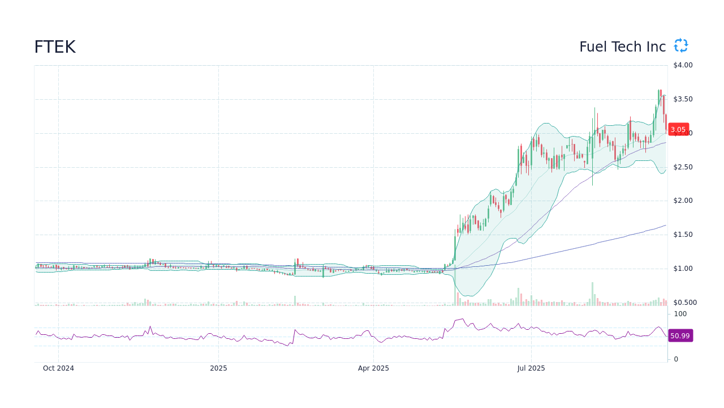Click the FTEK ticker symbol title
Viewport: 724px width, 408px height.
[x=55, y=47]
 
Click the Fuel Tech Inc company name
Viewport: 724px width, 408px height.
[x=622, y=47]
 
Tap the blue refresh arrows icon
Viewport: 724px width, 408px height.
[x=681, y=46]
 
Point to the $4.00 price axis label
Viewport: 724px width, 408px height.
[x=683, y=65]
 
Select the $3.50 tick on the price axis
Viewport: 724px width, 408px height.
[x=683, y=99]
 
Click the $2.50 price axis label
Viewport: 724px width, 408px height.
[x=683, y=167]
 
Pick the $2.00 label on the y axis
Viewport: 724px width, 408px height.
[x=683, y=201]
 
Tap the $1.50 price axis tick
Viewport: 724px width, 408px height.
[x=683, y=235]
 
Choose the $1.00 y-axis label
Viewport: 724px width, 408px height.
[x=683, y=269]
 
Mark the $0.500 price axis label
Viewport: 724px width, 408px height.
[x=684, y=303]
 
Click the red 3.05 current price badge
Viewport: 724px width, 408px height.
[x=678, y=129]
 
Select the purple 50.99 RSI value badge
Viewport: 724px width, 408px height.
[x=680, y=335]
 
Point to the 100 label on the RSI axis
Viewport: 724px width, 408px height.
[x=680, y=314]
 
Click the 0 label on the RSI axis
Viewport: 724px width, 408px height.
[x=676, y=359]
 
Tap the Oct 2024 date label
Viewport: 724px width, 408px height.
[x=58, y=368]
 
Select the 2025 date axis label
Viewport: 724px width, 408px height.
[x=218, y=368]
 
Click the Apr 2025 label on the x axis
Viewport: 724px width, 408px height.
[x=373, y=368]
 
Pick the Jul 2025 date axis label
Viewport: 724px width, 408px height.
[x=531, y=368]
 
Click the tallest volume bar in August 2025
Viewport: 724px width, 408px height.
[x=592, y=294]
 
